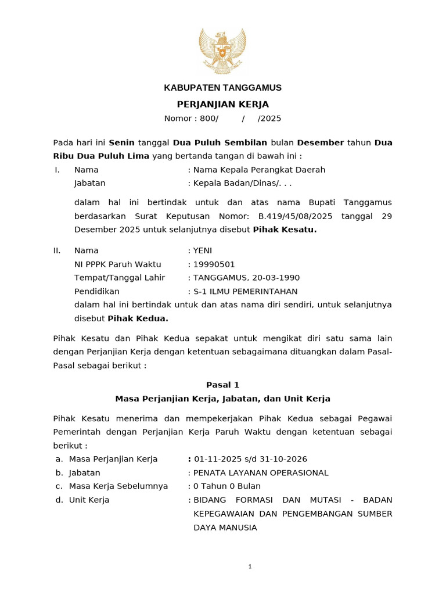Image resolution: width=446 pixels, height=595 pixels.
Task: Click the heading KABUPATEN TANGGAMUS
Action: pyautogui.click(x=222, y=88)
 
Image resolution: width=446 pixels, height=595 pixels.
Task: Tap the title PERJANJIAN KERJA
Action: pyautogui.click(x=222, y=104)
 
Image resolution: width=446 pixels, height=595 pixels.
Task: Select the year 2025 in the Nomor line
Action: pyautogui.click(x=271, y=119)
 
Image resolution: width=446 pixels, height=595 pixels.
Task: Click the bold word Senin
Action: pyautogui.click(x=121, y=142)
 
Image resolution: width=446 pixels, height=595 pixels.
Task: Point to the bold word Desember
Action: pyautogui.click(x=320, y=142)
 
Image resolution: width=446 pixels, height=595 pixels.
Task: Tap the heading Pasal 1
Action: pyautogui.click(x=222, y=385)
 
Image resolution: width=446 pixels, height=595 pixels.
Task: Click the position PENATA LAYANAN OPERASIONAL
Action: pyautogui.click(x=261, y=473)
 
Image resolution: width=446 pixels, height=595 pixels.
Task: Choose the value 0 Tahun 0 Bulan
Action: pyautogui.click(x=227, y=486)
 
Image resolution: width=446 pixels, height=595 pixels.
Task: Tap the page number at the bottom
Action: pyautogui.click(x=250, y=567)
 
